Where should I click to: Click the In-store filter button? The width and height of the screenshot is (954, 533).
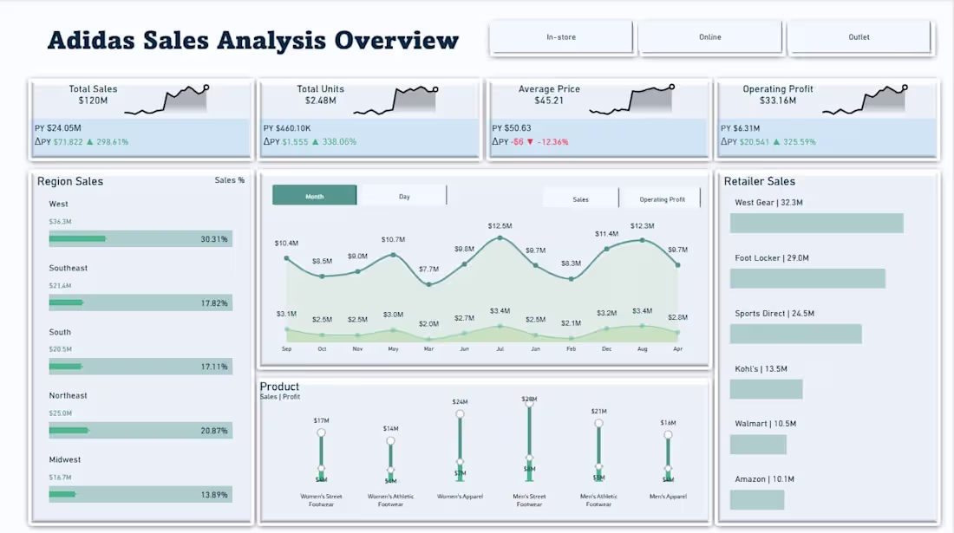click(561, 37)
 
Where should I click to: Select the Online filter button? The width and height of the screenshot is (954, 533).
click(709, 37)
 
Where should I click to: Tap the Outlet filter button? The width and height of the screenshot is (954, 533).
click(859, 37)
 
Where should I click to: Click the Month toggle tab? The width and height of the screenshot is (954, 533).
click(314, 196)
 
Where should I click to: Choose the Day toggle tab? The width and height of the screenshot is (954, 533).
click(404, 196)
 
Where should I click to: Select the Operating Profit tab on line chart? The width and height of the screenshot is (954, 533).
click(662, 199)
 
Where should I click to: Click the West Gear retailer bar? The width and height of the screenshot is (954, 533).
click(816, 224)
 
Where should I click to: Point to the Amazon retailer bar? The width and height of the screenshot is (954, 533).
click(757, 500)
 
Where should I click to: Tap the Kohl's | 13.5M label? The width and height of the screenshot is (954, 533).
click(761, 368)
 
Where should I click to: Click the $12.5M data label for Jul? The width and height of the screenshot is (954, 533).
click(500, 225)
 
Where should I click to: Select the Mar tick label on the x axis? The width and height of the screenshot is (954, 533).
click(428, 348)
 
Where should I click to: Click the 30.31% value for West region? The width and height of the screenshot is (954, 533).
click(213, 239)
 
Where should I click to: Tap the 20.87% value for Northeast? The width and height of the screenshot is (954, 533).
click(213, 431)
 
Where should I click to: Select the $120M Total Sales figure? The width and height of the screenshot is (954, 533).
click(93, 101)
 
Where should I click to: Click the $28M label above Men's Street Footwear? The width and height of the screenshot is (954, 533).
click(529, 399)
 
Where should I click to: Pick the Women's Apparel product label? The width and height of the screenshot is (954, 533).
click(460, 497)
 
